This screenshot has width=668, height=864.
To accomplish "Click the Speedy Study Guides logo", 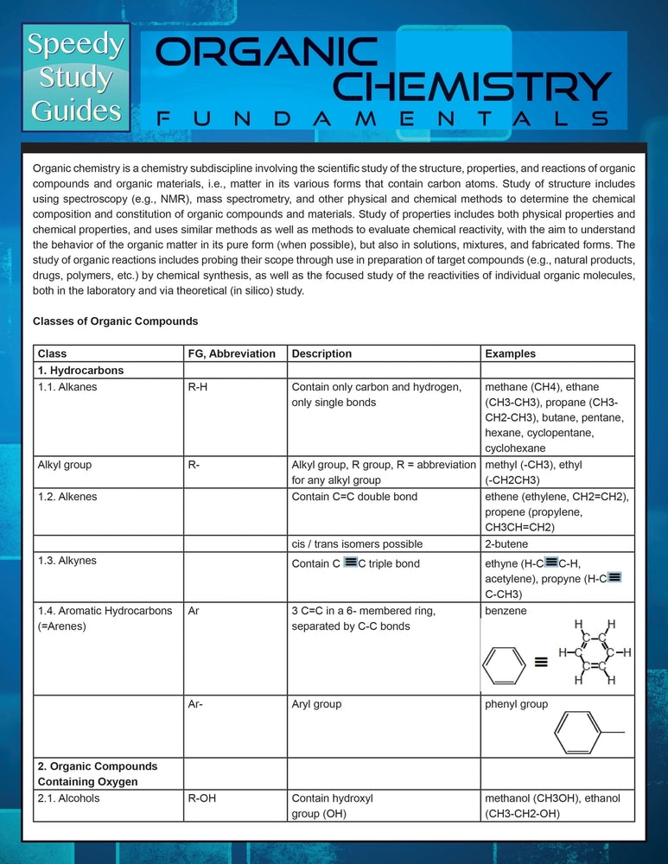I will point(75,77).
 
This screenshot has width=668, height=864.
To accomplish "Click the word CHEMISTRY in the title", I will point(473,86).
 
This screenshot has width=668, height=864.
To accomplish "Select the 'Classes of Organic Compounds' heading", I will point(115,321).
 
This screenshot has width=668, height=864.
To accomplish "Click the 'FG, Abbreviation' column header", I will point(232,353).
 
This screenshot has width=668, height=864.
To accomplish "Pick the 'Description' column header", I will point(321,353).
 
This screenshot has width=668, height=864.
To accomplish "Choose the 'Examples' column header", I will point(510,353).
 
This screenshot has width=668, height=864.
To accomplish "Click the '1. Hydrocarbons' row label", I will point(80,371).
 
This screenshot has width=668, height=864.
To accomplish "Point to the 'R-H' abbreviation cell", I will point(197,387).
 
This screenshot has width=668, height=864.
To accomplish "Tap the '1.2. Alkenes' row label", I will point(67,497).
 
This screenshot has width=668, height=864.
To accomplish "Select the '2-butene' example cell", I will point(506,544).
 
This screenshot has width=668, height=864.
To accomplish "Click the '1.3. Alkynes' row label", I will point(67,561).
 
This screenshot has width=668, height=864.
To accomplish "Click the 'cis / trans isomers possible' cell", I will point(357,544).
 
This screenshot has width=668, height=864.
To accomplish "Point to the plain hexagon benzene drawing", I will point(503,665).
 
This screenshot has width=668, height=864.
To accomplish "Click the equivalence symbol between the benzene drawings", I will point(542,664).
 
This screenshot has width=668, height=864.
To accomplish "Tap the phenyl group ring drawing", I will point(579,733).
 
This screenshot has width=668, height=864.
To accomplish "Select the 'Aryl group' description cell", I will point(316,704).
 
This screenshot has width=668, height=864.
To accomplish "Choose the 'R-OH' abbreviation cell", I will point(201,798).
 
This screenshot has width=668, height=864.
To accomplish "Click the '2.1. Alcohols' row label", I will point(68,798).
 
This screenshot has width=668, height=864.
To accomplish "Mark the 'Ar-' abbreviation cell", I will point(194,704).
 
